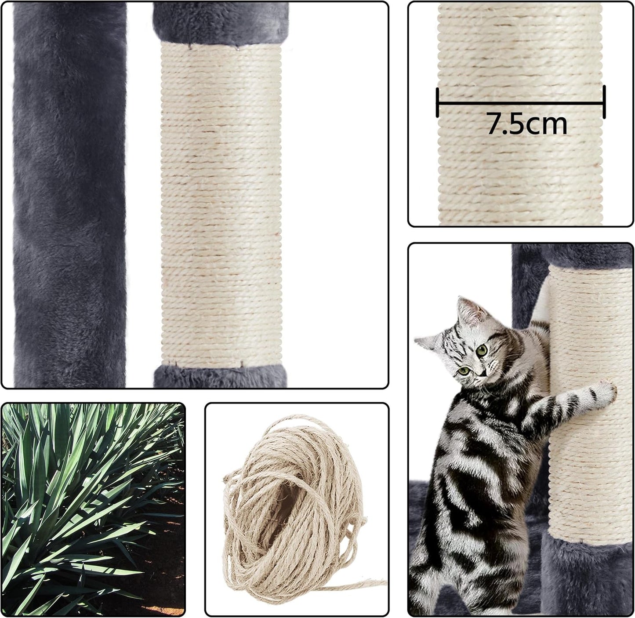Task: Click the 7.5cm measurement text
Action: [526, 124]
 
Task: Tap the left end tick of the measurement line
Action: [438, 102]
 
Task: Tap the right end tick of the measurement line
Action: [604, 102]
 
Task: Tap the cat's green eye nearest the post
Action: [482, 350]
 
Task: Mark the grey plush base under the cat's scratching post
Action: [584, 576]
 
